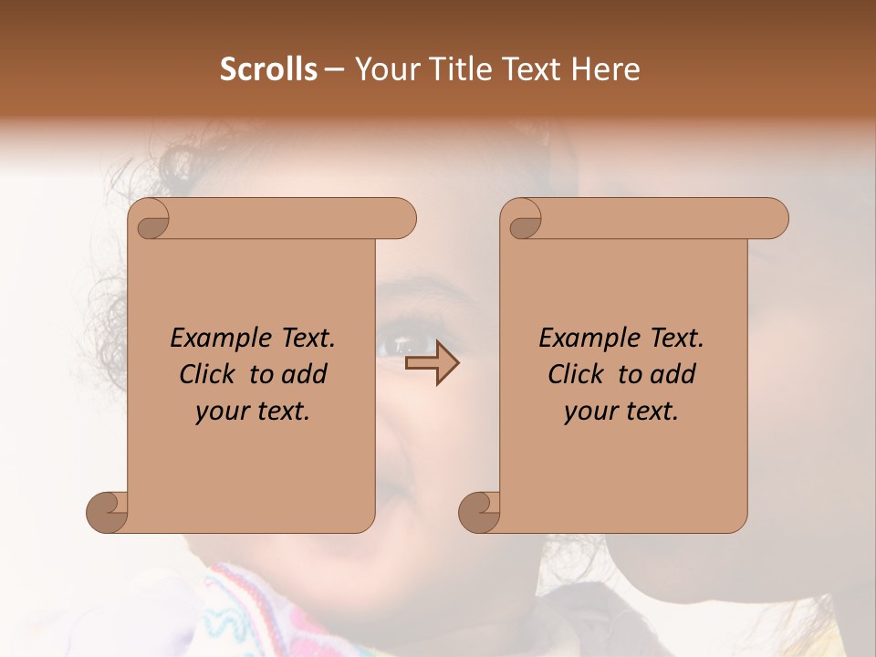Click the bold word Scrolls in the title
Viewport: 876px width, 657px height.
[x=268, y=69]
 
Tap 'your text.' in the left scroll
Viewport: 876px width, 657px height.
[x=253, y=412]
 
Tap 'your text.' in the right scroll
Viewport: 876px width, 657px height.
[x=621, y=412]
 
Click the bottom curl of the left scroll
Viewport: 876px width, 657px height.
[x=108, y=512]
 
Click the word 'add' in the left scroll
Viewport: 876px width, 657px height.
[x=306, y=374]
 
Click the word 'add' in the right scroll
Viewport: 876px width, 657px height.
[x=674, y=374]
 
